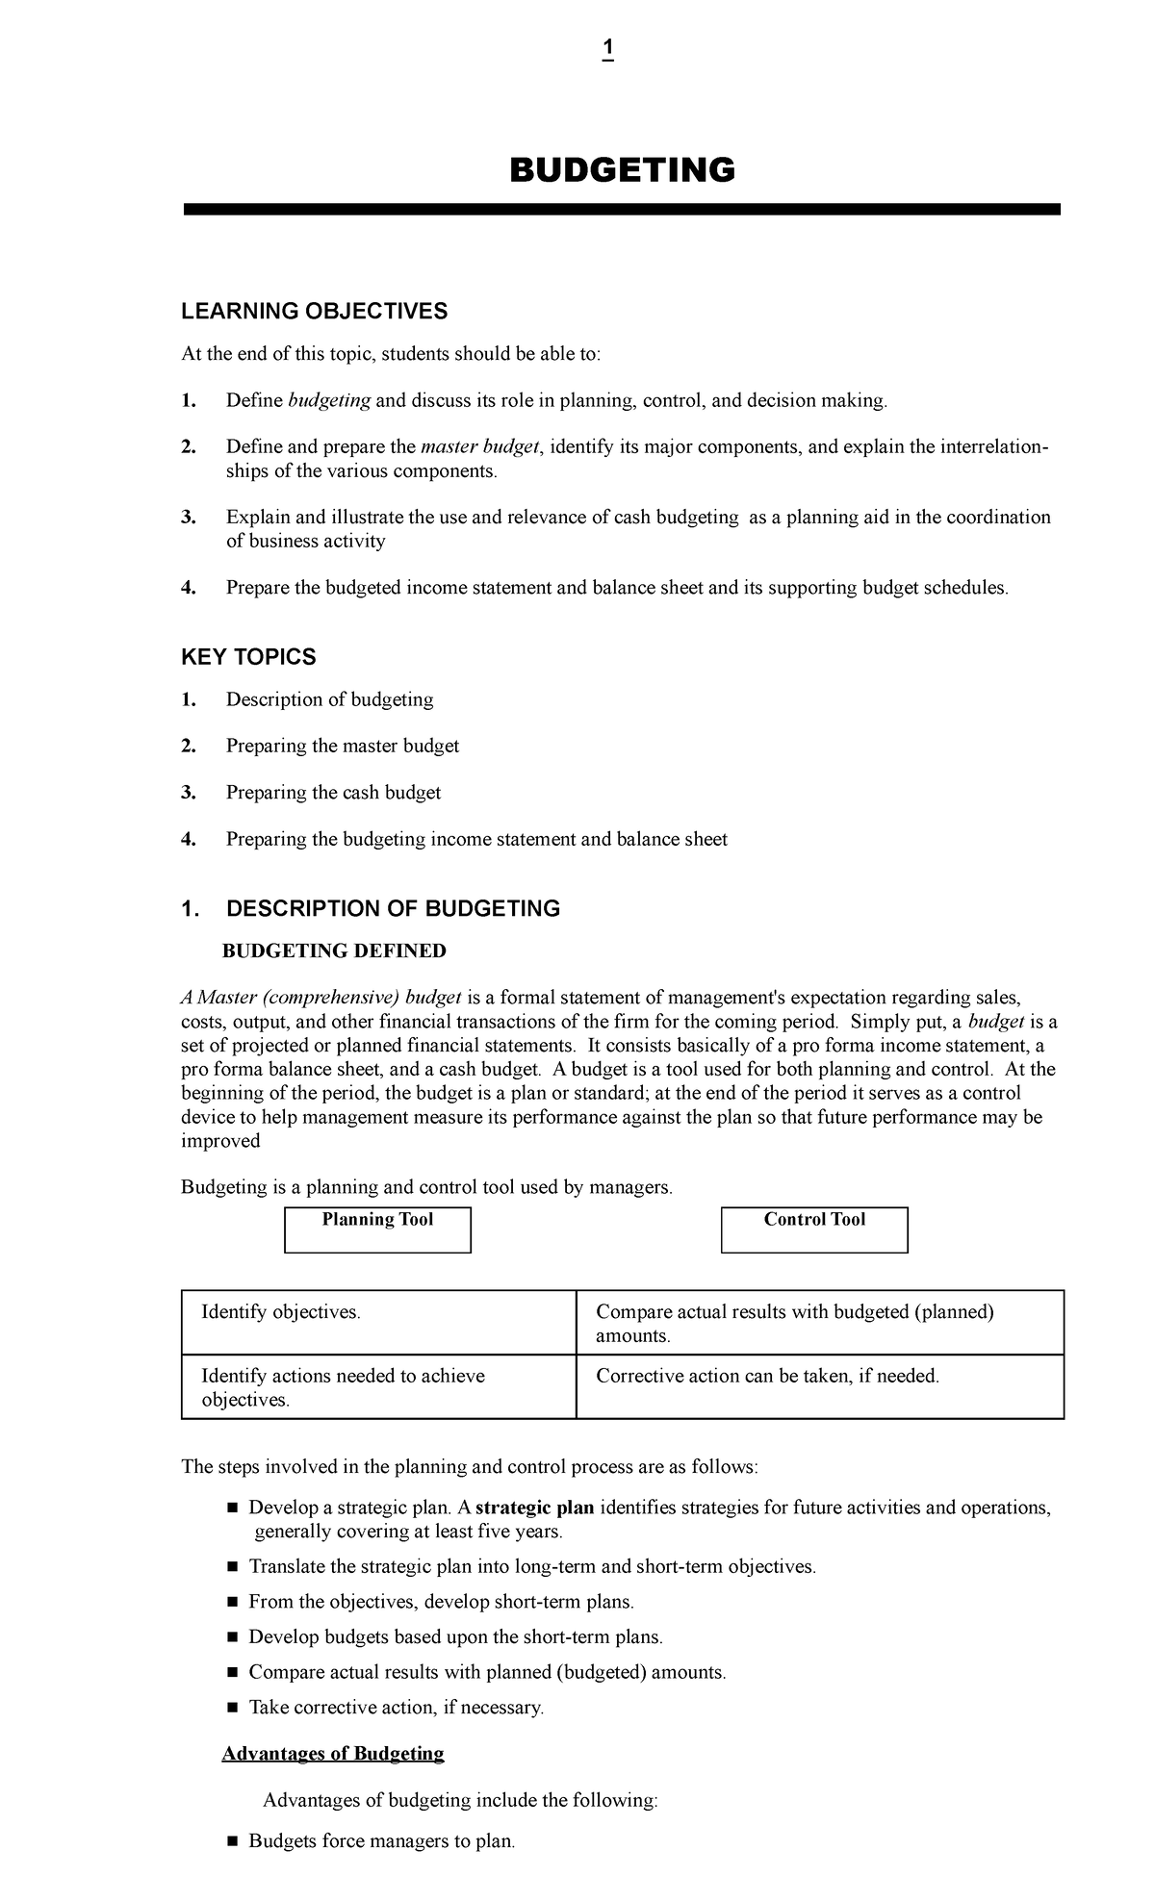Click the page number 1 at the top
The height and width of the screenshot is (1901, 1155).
[x=607, y=49]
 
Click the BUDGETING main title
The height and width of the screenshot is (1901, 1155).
[x=622, y=170]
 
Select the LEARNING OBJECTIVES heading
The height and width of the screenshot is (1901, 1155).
[x=315, y=311]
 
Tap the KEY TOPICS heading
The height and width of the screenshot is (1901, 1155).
[x=248, y=657]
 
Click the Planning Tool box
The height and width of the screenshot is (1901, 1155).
[x=377, y=1229]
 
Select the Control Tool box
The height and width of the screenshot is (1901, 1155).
[x=814, y=1229]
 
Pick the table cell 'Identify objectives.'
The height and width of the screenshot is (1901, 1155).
[x=281, y=1312]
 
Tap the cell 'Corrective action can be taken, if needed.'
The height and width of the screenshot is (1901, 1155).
[x=767, y=1377]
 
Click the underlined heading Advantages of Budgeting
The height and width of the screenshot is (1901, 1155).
[x=333, y=1753]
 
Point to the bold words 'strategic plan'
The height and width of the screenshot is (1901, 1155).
[x=535, y=1508]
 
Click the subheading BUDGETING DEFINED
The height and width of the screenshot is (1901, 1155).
[x=334, y=951]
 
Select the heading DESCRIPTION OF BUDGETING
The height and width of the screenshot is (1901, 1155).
[x=393, y=909]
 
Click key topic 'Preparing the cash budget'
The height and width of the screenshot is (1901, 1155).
[x=333, y=793]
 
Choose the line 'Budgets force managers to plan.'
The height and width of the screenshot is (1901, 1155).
[x=382, y=1841]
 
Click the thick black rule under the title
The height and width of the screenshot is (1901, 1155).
[x=622, y=210]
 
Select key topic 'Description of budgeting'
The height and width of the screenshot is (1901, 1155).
[x=329, y=699]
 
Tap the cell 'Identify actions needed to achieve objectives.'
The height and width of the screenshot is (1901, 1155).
[x=343, y=1387]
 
